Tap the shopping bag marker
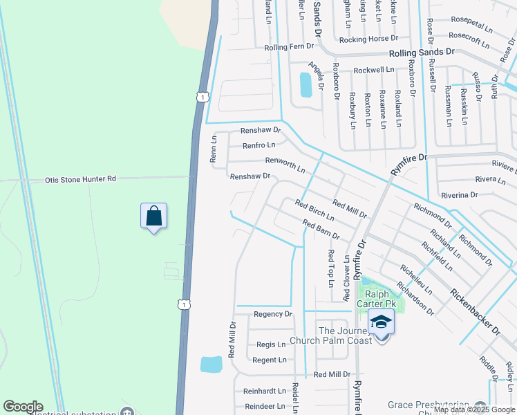[x=153, y=216]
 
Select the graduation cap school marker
[x=381, y=322]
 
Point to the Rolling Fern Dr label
[x=289, y=48]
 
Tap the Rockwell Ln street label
[x=373, y=70]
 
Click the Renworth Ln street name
[x=286, y=165]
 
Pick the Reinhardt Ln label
[x=259, y=391]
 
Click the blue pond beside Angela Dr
[x=305, y=85]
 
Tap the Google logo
[x=23, y=407]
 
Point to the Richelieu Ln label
[x=416, y=279]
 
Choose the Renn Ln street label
[x=214, y=149]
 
